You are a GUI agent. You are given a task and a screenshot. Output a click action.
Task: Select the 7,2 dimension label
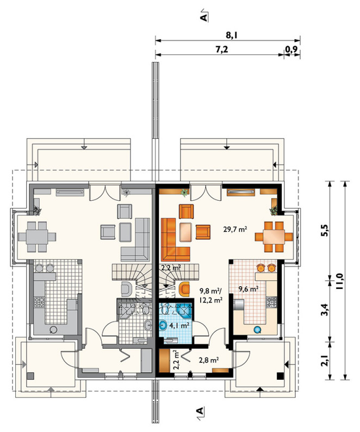click(x=222, y=50)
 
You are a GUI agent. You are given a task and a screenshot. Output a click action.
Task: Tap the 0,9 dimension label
click(x=291, y=50)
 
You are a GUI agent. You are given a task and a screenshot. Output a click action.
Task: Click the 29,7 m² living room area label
click(x=235, y=229)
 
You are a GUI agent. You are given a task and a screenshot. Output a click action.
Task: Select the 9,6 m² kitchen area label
click(x=248, y=289)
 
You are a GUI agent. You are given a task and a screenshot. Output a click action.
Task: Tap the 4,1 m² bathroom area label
click(x=179, y=325)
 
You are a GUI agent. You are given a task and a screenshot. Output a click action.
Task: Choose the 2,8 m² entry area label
click(x=209, y=360)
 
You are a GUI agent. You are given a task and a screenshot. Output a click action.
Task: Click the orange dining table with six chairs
click(x=274, y=237)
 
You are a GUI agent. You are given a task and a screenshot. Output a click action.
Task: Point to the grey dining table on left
click(x=37, y=237)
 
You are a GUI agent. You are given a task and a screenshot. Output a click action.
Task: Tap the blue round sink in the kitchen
click(x=257, y=329)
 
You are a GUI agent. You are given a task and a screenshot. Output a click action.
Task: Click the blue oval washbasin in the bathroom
click(x=163, y=325)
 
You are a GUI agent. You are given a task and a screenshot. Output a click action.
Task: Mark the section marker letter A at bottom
click(x=200, y=411)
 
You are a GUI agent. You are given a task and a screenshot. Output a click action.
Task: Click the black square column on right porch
click(x=280, y=375)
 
